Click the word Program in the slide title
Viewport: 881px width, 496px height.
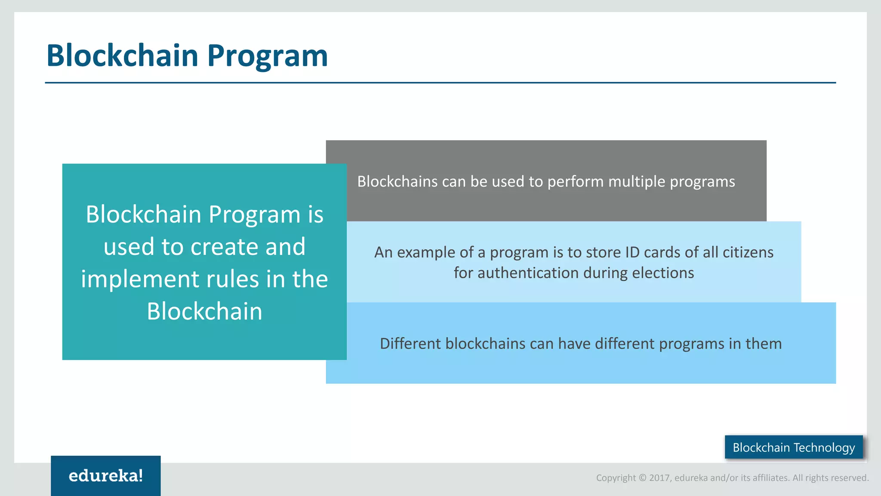pyautogui.click(x=267, y=56)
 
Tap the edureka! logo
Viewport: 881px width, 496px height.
pyautogui.click(x=106, y=476)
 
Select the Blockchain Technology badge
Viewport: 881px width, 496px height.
pyautogui.click(x=794, y=447)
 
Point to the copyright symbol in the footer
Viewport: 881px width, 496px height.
pyautogui.click(x=642, y=478)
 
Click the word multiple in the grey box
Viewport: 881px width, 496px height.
pyautogui.click(x=637, y=182)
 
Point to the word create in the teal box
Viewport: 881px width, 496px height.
pyautogui.click(x=225, y=247)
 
